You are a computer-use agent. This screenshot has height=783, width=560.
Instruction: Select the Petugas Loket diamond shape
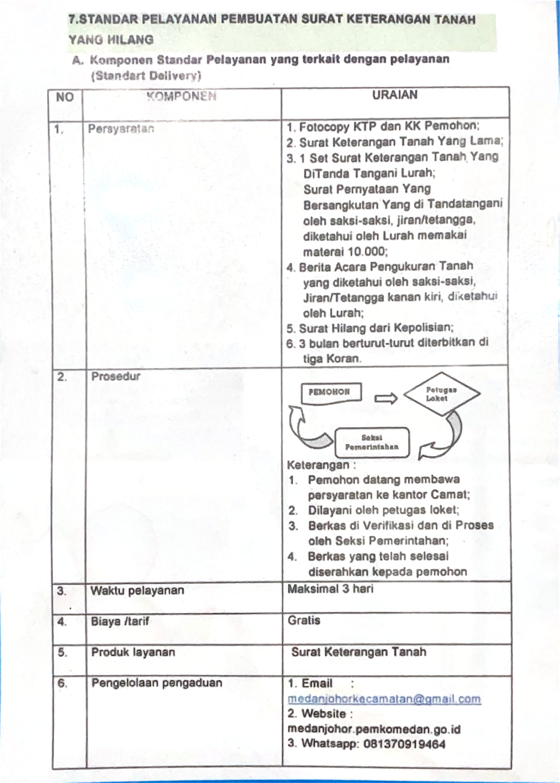coord(442,394)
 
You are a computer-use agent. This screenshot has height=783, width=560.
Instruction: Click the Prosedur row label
coord(116,376)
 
